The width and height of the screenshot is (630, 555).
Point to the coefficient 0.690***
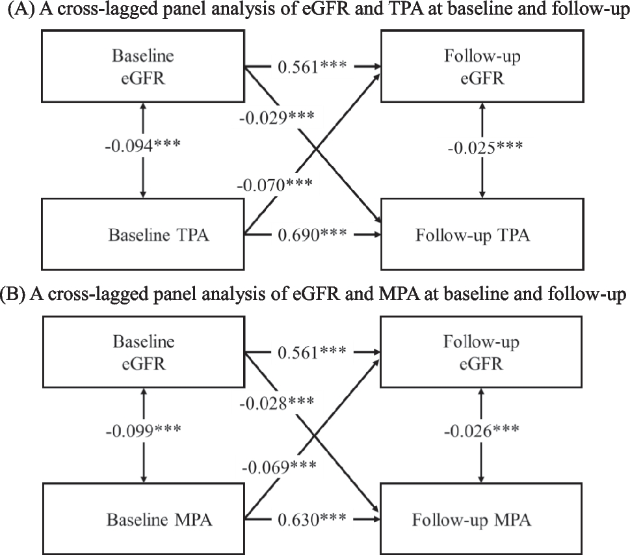point(311,233)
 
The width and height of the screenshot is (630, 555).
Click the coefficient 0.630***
point(311,520)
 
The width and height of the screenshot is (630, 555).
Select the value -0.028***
point(276,403)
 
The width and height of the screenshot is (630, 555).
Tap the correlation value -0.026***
point(482,432)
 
